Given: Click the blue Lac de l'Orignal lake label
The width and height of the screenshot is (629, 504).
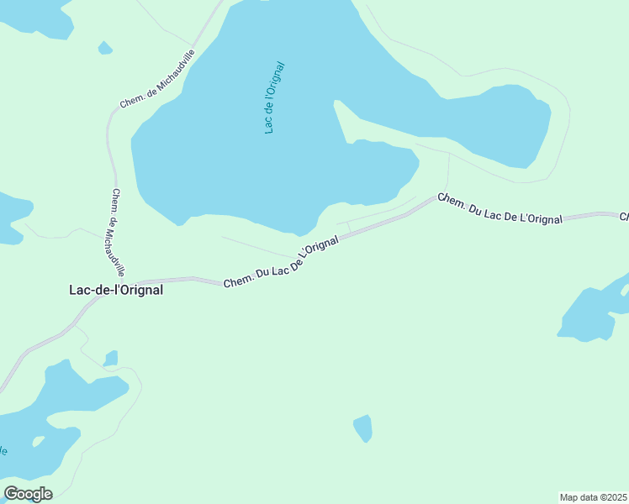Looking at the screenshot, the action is click(x=275, y=97).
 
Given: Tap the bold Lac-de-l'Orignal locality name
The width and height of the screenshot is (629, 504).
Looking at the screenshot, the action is click(x=115, y=290).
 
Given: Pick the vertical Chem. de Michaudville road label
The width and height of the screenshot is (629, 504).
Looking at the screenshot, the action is click(x=117, y=232).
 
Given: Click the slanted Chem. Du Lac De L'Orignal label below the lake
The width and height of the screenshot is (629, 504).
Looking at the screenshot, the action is click(x=281, y=261).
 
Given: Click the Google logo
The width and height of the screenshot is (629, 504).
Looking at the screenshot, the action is click(x=29, y=494).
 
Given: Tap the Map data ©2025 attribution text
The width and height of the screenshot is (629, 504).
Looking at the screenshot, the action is click(x=592, y=496).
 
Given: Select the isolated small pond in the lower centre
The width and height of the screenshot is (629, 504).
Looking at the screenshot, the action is click(x=362, y=428).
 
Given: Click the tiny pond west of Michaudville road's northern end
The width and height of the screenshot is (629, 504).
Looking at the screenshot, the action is click(x=105, y=48).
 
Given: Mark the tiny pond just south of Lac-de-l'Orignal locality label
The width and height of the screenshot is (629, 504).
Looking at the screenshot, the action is click(x=111, y=359).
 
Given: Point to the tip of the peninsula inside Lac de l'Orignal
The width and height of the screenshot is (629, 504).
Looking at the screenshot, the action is click(x=336, y=104).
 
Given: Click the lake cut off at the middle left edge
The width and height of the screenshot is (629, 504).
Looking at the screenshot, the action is click(x=12, y=217).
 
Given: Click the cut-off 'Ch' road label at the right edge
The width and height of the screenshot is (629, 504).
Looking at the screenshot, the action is click(x=624, y=218).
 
